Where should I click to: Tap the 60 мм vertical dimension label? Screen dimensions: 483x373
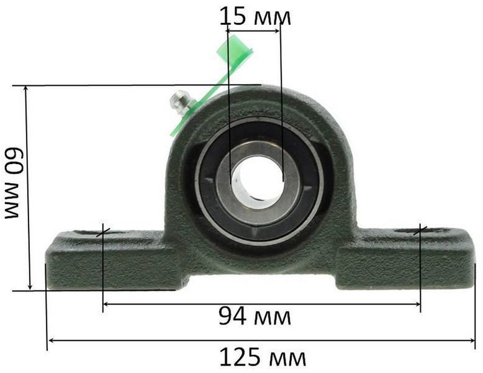[13, 182]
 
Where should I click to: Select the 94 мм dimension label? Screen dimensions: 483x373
[255, 316]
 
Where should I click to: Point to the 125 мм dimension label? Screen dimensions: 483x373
[263, 357]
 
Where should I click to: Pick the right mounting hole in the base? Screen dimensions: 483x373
[422, 231]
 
